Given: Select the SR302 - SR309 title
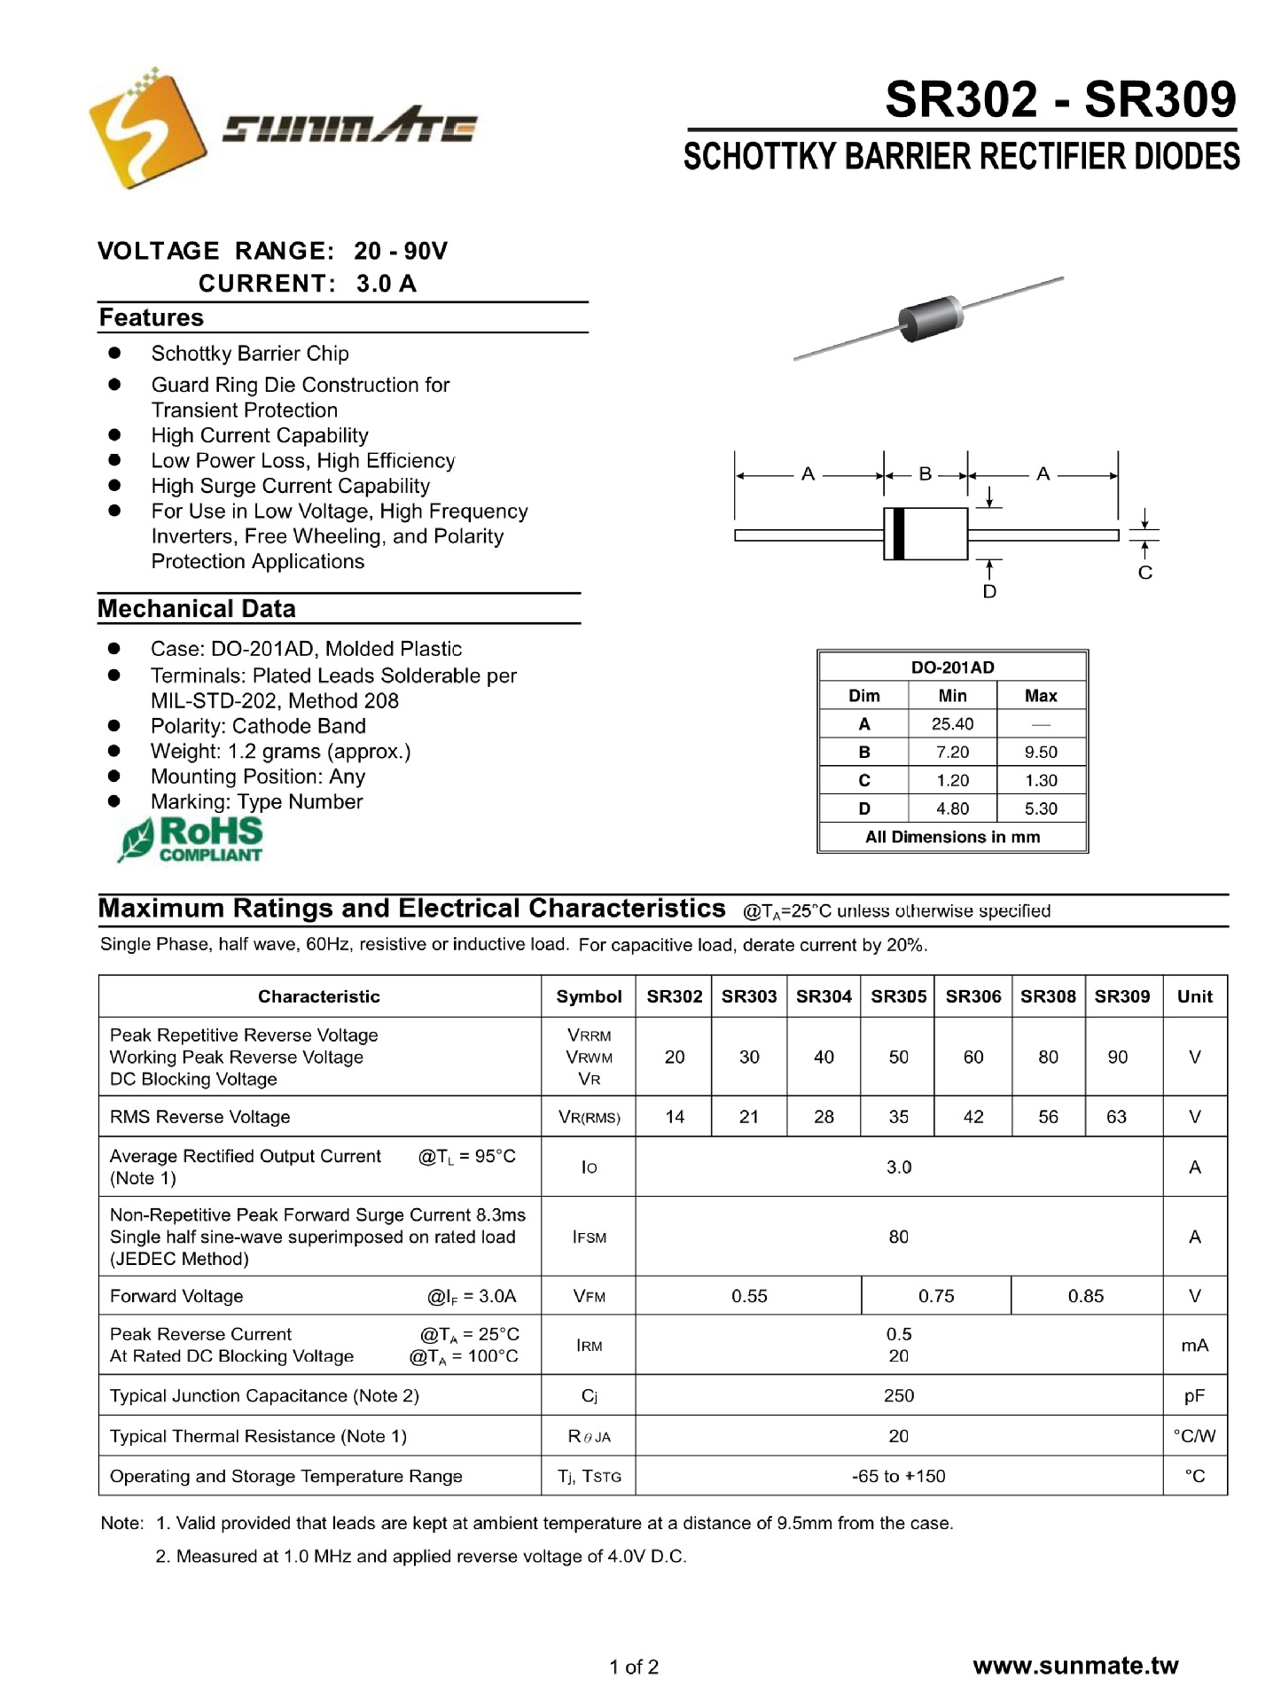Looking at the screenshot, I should [1060, 99].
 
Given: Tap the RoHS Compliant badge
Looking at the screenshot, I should [191, 839].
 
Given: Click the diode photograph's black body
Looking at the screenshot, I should [930, 317].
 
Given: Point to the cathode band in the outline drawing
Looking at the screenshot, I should [898, 534].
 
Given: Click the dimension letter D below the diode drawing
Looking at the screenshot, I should [989, 591].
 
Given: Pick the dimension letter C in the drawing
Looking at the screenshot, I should [1144, 573].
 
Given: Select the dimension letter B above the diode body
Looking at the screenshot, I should [925, 474].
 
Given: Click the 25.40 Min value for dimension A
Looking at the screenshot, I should [952, 724].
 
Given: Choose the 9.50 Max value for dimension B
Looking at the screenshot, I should [1041, 753].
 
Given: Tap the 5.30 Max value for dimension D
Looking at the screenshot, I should [1041, 808].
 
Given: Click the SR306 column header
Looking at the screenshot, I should [972, 996].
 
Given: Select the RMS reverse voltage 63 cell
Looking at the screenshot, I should [1116, 1117].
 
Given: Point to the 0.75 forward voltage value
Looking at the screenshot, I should [936, 1296].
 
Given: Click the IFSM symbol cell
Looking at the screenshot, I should [589, 1237].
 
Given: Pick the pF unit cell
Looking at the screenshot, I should [1194, 1396].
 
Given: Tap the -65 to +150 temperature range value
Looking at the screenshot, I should [898, 1476].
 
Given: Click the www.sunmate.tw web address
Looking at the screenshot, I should [1075, 1666].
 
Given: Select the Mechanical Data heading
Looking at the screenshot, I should [197, 609].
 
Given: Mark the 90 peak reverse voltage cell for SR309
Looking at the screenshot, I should [1117, 1057].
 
